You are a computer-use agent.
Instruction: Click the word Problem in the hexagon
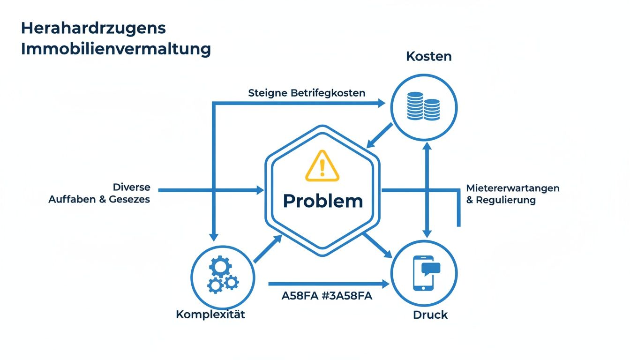tap(323, 201)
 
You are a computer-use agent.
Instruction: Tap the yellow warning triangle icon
tap(322, 166)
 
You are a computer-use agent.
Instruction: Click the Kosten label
tap(428, 57)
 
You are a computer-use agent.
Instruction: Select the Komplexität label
tap(210, 314)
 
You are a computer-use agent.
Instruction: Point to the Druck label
tap(430, 315)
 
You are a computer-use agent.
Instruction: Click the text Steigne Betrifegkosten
tap(307, 93)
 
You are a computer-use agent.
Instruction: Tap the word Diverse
tap(132, 187)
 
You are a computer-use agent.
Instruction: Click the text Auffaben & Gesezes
tap(99, 199)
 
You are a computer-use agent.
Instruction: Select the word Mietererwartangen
tap(513, 188)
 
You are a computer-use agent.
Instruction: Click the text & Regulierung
tap(501, 200)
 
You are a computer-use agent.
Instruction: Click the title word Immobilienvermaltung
tap(116, 49)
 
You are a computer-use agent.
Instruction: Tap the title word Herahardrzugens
tap(93, 28)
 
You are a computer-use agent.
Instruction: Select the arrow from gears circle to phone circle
tap(328, 284)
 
